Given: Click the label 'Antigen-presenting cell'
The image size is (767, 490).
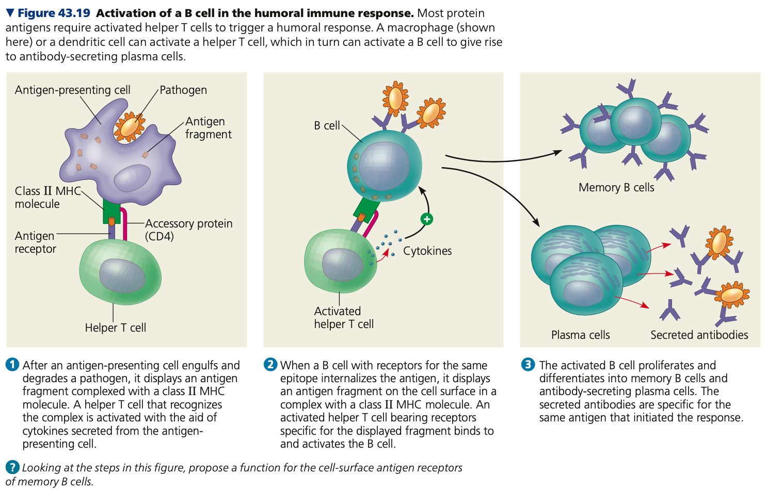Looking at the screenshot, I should coord(72,90).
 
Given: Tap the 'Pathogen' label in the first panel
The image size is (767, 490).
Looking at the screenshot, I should coord(183,90).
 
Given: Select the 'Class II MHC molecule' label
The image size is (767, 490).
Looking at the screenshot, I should coord(47,197).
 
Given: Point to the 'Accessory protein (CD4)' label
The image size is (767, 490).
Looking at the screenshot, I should coord(188,230).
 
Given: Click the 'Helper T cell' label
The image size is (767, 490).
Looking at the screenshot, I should coord(116,328).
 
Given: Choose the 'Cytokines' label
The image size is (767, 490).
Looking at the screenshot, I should coord(427,251).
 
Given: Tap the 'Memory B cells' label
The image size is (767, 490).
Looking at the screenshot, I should coord(616,187).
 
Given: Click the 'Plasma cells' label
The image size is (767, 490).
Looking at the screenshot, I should coord(580,335).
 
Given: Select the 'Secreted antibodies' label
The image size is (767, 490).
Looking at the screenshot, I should coord(699,335).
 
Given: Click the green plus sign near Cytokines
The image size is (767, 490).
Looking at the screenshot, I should coord(427,219).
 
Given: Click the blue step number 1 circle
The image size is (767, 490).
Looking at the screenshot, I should coord(12,365).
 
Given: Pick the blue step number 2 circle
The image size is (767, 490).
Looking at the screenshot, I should coord(270,365).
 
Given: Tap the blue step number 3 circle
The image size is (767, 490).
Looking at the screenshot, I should coord(528,365).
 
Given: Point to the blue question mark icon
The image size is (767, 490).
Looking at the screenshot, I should coord(12,467).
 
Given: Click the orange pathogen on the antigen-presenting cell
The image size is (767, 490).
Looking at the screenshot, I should coord(130,126).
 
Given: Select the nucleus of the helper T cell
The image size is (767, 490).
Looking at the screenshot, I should coord(122,275).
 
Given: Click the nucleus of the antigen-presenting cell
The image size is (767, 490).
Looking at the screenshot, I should coord(132,178).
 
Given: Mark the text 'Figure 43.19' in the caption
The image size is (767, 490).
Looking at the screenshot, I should coord(54,13).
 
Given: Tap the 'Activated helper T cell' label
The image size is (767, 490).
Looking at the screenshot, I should coord(343,317).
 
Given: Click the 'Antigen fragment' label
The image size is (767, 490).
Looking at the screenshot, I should coord(208,127).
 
